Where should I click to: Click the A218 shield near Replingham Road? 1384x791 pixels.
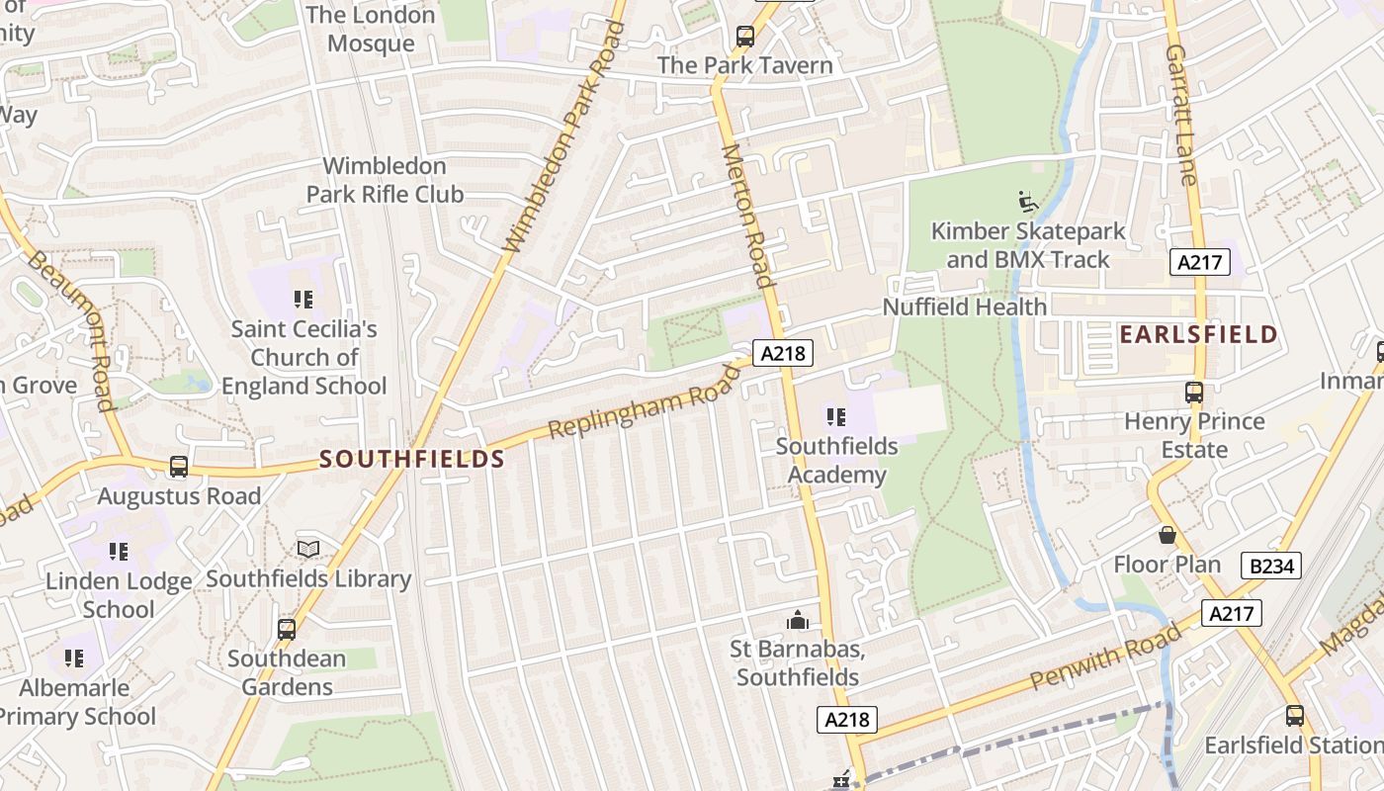(x=782, y=353)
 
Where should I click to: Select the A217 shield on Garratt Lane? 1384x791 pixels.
(x=1200, y=262)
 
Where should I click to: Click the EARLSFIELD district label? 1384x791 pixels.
(x=1198, y=334)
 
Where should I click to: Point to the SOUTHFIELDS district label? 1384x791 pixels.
(x=412, y=459)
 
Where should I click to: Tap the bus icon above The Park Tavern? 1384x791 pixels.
(x=745, y=37)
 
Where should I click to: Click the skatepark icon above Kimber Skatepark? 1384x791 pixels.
(x=1028, y=202)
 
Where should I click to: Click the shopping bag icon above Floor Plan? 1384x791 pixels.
(x=1168, y=535)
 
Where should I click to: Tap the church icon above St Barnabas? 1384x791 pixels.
(x=797, y=620)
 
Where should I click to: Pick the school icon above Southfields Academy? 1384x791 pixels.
(x=836, y=416)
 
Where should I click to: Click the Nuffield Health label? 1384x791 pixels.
(x=964, y=307)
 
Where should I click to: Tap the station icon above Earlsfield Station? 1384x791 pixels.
(x=1294, y=715)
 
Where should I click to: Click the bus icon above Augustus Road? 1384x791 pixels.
(x=179, y=466)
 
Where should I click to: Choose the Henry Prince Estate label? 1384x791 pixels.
(x=1194, y=435)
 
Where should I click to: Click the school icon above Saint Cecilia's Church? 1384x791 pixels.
(x=303, y=299)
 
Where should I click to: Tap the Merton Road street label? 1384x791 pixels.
(x=746, y=216)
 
